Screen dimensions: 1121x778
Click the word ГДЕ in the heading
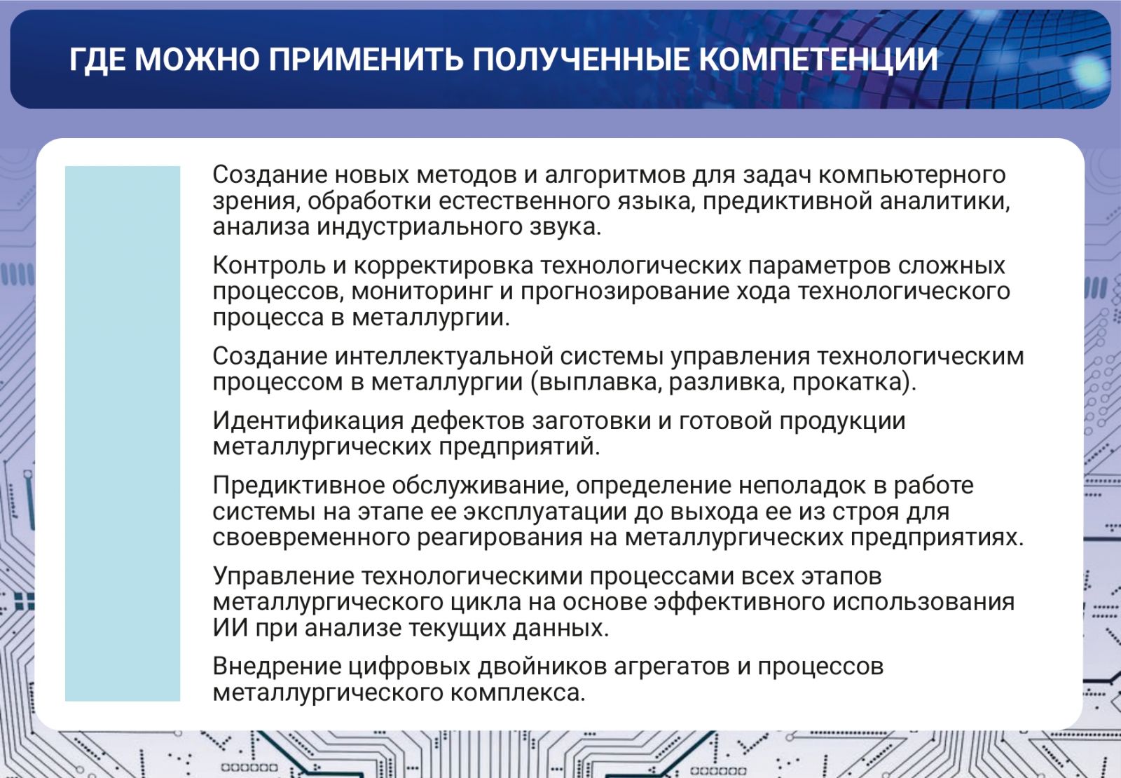tap(98, 60)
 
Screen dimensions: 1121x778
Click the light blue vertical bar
tap(123, 434)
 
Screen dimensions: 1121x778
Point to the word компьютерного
tap(912, 175)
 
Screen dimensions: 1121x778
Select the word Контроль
tap(269, 266)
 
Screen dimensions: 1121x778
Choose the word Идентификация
tap(308, 421)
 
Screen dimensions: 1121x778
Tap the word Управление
tap(283, 576)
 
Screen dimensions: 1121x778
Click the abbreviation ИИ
tap(231, 628)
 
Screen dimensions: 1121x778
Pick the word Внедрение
tap(277, 667)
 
